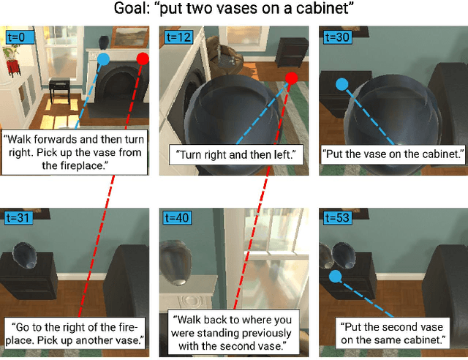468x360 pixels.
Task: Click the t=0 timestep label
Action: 15,35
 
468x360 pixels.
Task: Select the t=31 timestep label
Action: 15,217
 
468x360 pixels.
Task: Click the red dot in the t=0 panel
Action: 143,58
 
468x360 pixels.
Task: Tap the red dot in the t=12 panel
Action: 291,78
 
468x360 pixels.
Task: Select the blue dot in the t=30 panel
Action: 341,84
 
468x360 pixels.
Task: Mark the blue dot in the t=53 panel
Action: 336,277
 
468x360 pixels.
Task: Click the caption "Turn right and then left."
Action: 232,155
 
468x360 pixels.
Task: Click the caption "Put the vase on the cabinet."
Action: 393,155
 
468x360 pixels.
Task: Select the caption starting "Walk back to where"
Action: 233,332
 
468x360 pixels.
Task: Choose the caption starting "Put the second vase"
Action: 392,332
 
